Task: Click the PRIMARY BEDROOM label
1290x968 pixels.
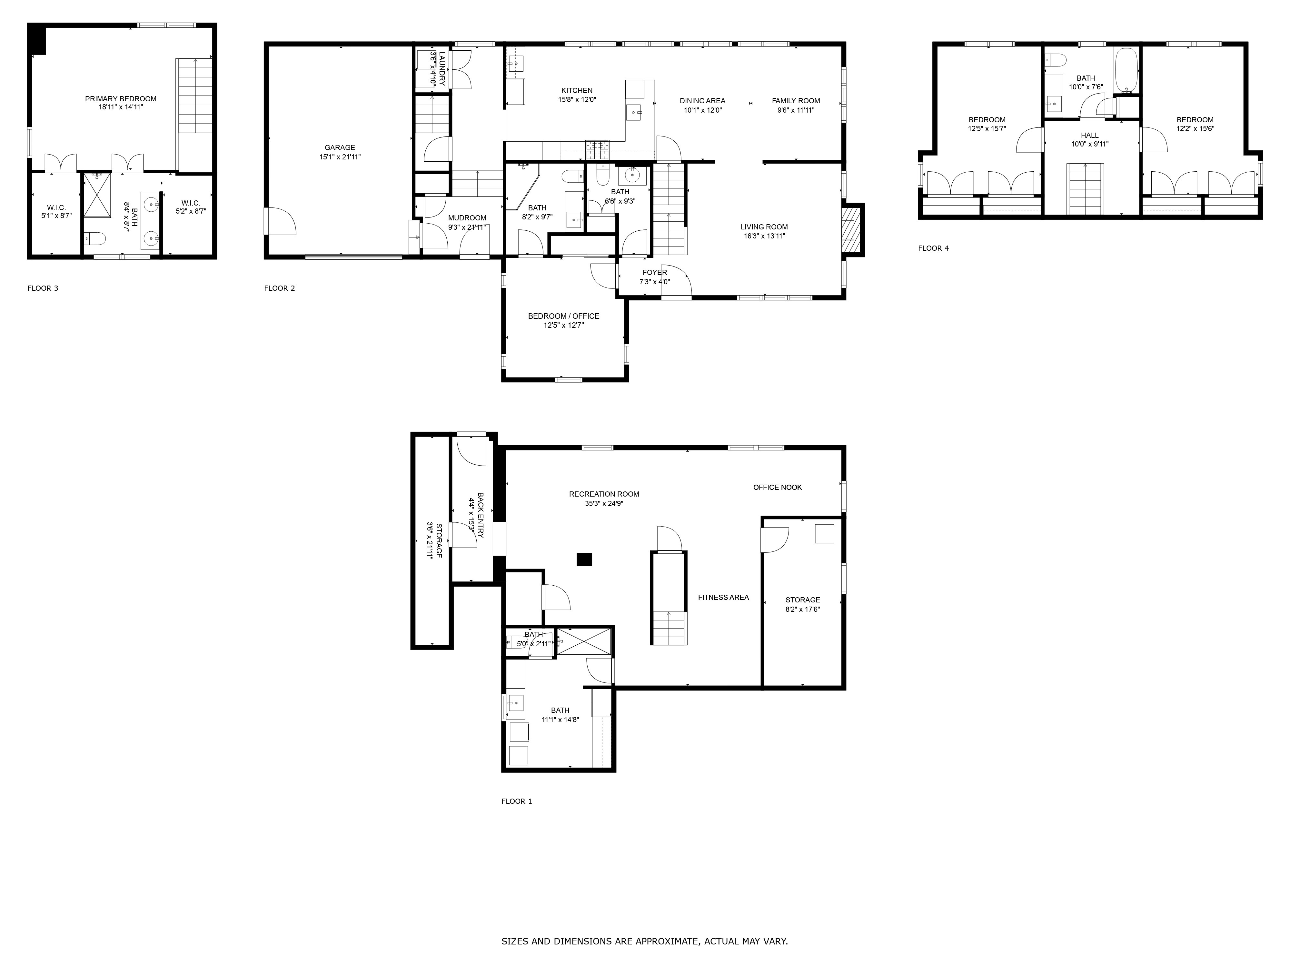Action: [121, 99]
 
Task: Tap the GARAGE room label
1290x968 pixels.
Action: [340, 148]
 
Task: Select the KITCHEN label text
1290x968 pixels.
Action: [577, 90]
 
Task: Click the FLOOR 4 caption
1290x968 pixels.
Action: [933, 248]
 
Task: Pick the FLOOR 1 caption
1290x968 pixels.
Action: [517, 801]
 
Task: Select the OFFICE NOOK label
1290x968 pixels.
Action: [777, 487]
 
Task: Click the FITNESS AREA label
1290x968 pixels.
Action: [723, 597]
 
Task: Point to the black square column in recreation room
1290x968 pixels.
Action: [584, 559]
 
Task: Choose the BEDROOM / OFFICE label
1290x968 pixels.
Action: [563, 316]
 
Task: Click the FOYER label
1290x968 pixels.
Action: [654, 272]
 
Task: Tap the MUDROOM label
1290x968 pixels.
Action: [467, 218]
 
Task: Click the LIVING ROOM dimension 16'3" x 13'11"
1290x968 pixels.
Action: [764, 236]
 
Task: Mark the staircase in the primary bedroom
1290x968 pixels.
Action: [195, 96]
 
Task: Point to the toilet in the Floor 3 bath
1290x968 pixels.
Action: [95, 238]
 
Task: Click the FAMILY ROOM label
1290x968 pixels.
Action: [796, 101]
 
